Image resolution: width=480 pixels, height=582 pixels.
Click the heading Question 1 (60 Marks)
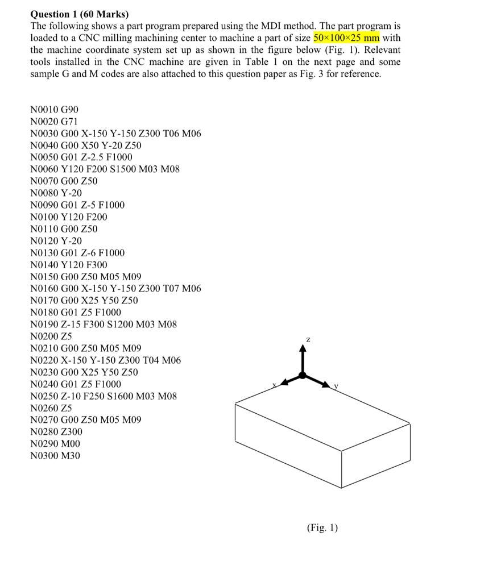point(79,14)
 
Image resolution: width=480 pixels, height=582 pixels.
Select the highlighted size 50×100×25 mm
point(346,38)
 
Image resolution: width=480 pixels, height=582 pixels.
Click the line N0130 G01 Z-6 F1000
point(77,253)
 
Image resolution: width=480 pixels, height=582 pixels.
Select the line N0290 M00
point(55,444)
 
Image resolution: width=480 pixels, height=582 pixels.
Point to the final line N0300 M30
point(55,456)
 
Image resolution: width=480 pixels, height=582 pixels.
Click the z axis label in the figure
point(308,339)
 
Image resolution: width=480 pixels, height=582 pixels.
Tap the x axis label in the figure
point(274,385)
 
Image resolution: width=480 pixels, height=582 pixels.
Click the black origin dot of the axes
point(303,375)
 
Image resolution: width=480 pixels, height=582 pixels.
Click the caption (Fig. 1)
point(322,528)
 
